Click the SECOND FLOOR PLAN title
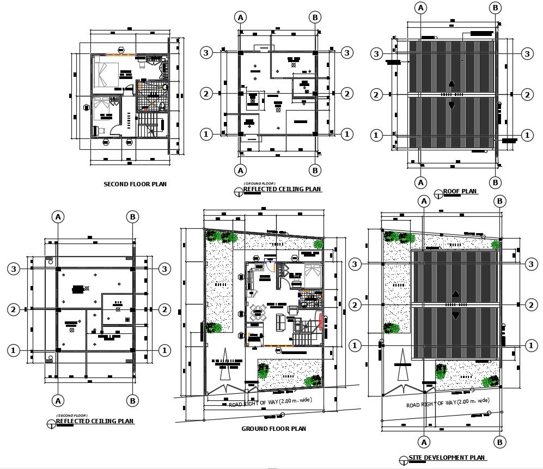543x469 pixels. [135, 184]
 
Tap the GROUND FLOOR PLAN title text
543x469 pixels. [273, 429]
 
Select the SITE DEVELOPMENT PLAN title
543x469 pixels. [448, 458]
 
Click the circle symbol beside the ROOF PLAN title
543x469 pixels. [438, 193]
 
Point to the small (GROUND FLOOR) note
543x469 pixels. [259, 184]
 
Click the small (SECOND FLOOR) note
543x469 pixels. [72, 416]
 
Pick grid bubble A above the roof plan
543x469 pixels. [420, 8]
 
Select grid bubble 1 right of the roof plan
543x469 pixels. [527, 135]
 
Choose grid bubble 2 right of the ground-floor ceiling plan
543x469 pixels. [347, 94]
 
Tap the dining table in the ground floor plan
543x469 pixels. [257, 312]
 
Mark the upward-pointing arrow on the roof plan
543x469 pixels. [451, 83]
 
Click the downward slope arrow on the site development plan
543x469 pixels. [455, 316]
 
